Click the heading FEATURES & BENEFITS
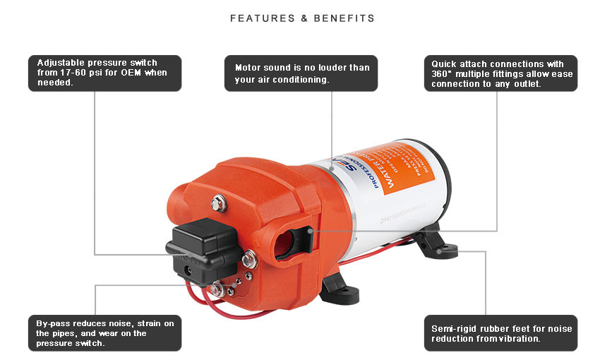[302, 18]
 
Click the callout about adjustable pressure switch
[104, 73]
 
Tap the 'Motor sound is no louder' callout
[301, 73]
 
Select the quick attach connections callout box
[501, 73]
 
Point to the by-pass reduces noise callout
[104, 332]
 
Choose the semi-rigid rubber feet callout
[501, 332]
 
